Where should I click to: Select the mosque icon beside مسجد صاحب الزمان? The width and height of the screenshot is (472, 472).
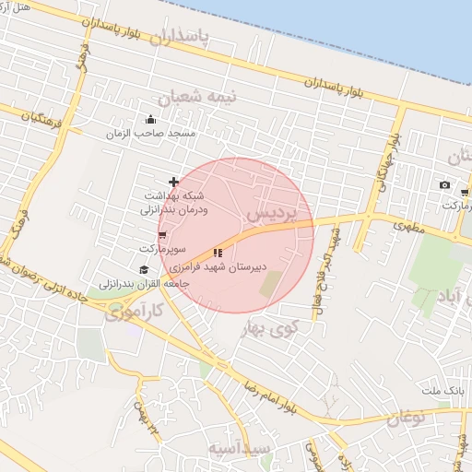(x=151, y=119)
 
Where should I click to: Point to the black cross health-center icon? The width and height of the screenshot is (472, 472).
(x=173, y=183)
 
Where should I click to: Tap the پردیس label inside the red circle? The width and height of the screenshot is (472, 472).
(x=272, y=214)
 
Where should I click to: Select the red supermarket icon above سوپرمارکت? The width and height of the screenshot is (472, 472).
(x=162, y=237)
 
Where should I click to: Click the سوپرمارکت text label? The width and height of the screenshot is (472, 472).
(x=163, y=250)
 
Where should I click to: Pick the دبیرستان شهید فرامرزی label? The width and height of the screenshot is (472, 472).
(x=224, y=267)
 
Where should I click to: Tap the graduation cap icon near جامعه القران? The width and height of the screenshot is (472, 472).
(x=143, y=269)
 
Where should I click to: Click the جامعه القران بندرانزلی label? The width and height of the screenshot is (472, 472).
(x=149, y=283)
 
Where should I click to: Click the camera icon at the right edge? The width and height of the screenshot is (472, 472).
(x=444, y=185)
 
